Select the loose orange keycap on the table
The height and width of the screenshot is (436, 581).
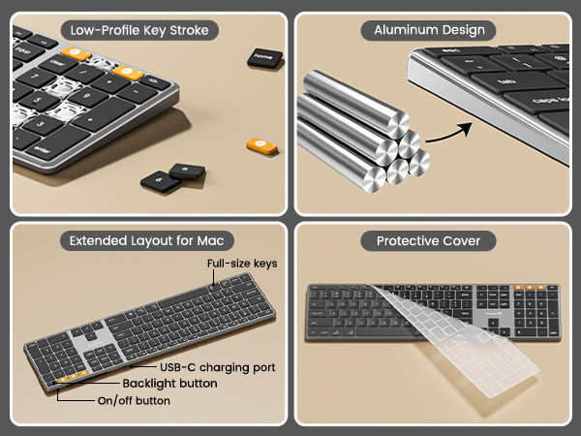coord(257,146)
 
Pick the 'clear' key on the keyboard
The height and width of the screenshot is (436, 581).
coord(60,61)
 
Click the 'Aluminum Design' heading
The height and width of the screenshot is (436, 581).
coord(429,30)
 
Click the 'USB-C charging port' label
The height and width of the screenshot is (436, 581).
coord(218,367)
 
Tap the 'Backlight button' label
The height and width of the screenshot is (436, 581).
coord(169,384)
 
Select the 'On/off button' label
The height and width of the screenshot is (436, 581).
coord(134,400)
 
